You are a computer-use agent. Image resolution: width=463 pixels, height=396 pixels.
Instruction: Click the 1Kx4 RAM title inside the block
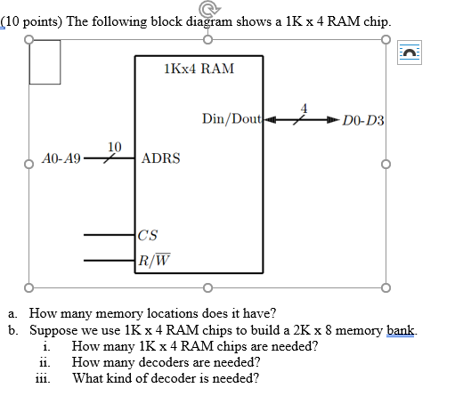199,69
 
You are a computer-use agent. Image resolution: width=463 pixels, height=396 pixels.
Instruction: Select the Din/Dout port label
231,118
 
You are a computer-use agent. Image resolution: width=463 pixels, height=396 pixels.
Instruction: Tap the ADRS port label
161,158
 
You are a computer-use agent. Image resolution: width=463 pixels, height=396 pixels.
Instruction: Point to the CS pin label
148,235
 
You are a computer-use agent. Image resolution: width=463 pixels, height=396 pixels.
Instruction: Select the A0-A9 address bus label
61,159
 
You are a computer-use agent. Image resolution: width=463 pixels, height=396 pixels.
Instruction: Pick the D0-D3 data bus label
362,120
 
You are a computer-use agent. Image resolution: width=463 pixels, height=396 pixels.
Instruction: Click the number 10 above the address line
114,146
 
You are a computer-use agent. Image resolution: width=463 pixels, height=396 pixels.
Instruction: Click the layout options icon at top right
411,54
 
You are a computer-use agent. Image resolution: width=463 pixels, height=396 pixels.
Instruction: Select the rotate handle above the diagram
207,10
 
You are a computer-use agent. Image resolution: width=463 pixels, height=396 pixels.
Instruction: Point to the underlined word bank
400,330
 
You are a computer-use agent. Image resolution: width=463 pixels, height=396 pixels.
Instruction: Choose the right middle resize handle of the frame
386,164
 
